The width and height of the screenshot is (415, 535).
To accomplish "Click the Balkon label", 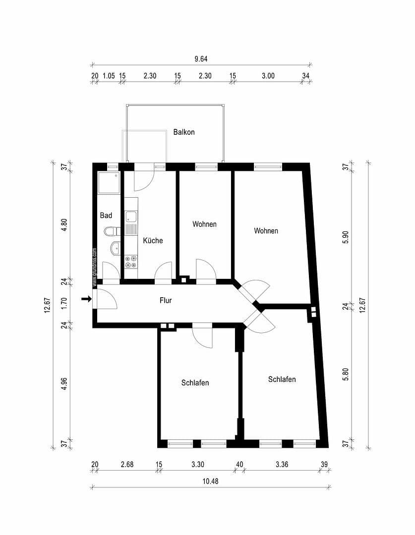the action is pos(184,132).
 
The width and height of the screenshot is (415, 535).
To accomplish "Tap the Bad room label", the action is pos(106,215).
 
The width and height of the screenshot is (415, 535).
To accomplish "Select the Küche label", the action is pos(153,240).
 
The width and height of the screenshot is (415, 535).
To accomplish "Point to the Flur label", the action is pos(166,300).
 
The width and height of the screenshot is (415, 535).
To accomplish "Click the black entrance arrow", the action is pos(86,299).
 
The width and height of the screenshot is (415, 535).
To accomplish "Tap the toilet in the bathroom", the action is pos(112,232).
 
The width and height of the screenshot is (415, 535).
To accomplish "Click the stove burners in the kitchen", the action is pos(131,262).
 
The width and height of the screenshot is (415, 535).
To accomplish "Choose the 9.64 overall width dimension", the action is pos(201,58).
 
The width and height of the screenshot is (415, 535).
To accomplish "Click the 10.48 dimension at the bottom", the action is pos(210,481).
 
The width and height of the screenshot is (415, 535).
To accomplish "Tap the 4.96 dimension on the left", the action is pos(64,384).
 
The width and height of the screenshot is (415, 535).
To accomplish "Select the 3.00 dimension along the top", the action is pos(268,76).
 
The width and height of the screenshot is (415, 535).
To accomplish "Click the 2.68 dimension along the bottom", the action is pos(127,464).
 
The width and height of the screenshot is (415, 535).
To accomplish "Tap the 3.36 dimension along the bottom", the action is pos(282,464).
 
